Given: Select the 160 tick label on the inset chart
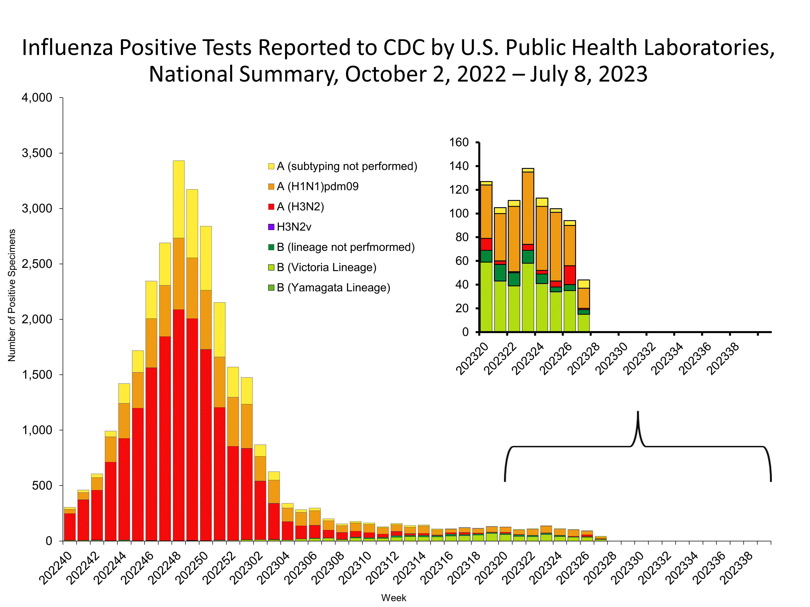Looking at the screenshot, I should tap(459, 142).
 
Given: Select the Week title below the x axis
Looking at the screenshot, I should tap(394, 598).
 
